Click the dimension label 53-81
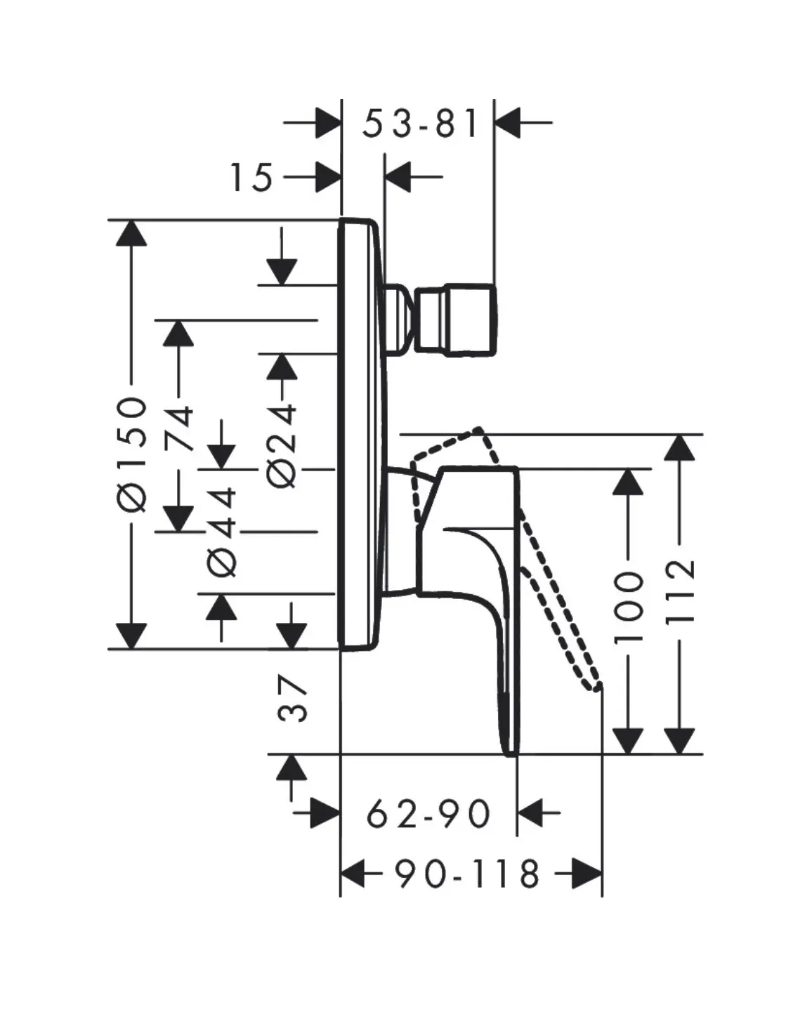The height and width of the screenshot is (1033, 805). pos(420,124)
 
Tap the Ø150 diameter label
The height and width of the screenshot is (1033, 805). pos(132,453)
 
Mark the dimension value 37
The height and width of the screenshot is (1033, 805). pos(293,699)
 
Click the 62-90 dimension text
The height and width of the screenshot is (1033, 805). pos(428,815)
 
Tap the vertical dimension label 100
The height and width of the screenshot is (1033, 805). pos(629,607)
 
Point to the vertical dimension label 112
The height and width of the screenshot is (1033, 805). pos(679,591)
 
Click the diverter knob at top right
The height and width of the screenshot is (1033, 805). pos(457,320)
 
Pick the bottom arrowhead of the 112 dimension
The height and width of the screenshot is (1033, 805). pos(679,741)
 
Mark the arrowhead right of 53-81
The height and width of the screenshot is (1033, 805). pos(509,122)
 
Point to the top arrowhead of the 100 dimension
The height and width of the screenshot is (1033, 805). pos(628,482)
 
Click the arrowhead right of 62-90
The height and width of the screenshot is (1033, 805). pos(532,814)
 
